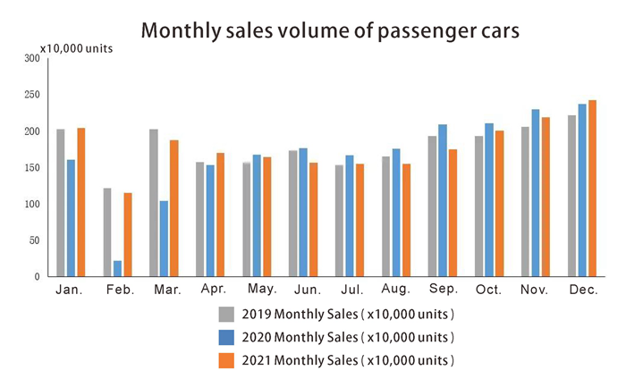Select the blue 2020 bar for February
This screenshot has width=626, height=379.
click(x=118, y=268)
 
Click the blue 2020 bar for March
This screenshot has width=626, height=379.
click(x=165, y=239)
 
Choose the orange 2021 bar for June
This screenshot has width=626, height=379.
click(x=314, y=220)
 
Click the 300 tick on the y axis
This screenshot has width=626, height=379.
click(x=32, y=58)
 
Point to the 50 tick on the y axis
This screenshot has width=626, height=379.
click(x=34, y=240)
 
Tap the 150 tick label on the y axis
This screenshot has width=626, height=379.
click(x=32, y=168)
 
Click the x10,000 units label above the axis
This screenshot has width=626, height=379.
click(x=76, y=47)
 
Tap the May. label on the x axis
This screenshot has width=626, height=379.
click(x=261, y=289)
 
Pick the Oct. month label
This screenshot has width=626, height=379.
click(x=489, y=291)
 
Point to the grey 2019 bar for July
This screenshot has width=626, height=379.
click(x=340, y=221)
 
